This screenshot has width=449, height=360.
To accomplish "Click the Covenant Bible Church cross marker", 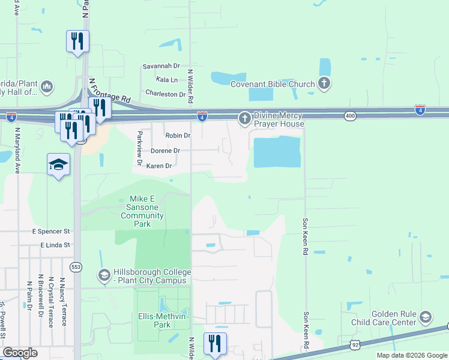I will (324, 84).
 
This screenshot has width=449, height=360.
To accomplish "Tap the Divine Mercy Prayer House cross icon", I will (244, 119).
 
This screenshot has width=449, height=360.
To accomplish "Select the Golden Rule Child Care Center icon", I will (426, 317).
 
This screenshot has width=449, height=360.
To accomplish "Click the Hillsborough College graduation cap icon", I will (104, 275).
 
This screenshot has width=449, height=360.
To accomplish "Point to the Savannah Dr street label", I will (161, 65).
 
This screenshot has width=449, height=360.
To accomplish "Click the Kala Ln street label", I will (166, 80).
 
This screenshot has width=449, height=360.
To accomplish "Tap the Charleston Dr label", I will (166, 94).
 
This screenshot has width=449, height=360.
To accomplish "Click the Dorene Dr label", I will (165, 151).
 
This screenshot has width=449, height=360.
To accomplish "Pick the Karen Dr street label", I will (159, 166).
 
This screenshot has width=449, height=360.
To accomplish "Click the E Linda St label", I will (55, 245).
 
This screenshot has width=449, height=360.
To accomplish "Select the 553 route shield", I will (76, 266).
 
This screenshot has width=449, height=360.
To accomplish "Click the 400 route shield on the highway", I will (351, 115).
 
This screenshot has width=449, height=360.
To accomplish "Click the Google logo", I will (20, 353).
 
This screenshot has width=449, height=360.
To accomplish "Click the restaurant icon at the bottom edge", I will (215, 344).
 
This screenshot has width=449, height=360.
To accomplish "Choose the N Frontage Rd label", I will (109, 90).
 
